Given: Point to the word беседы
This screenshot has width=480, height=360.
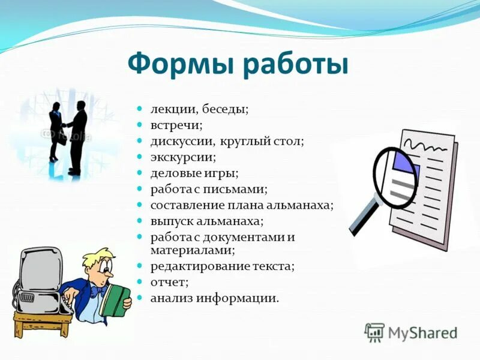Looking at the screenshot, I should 225,110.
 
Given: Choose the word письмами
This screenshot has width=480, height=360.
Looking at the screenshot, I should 235,189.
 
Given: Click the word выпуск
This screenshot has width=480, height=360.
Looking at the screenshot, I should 169,221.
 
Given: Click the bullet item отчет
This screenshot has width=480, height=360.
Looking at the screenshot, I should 169,281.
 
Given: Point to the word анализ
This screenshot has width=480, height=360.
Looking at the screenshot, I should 169,298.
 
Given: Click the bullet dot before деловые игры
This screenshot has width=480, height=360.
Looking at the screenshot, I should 139,173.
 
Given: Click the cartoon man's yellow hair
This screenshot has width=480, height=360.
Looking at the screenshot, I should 96,258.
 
